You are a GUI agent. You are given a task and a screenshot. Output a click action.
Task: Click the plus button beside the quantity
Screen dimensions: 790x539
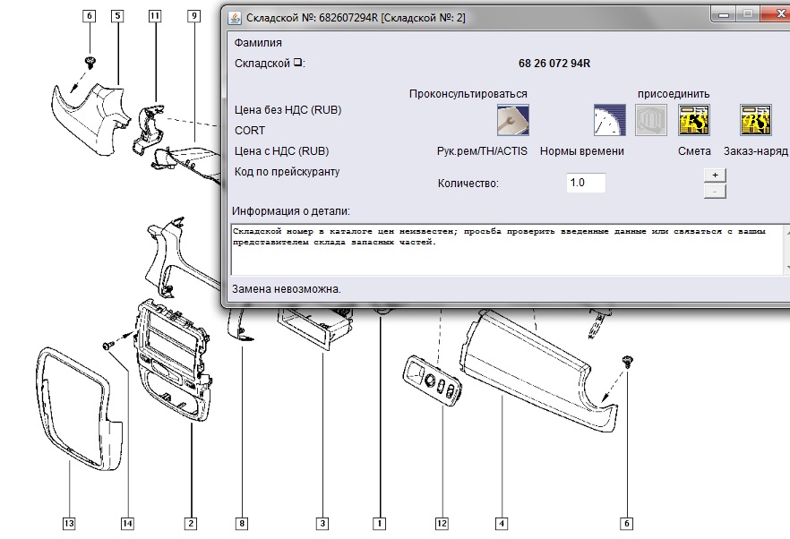(x=715, y=175)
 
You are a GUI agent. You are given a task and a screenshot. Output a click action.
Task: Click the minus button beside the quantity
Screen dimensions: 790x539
(x=715, y=192)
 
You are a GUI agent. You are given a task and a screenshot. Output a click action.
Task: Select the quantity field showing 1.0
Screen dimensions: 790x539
(x=586, y=183)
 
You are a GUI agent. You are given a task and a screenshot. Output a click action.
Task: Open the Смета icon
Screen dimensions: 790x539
(x=694, y=120)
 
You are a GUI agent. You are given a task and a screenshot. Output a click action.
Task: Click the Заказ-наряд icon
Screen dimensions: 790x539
(x=755, y=120)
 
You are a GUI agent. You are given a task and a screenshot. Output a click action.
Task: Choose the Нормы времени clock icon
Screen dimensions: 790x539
(x=610, y=120)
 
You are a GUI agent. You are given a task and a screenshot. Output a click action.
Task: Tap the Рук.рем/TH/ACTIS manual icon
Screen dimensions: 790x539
(x=513, y=120)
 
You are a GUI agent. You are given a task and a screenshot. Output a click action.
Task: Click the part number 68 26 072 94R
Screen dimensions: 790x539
(x=554, y=64)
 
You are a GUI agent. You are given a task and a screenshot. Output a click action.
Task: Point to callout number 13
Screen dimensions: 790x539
(x=69, y=524)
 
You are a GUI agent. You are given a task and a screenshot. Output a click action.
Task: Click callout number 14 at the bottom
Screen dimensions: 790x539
(x=127, y=524)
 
